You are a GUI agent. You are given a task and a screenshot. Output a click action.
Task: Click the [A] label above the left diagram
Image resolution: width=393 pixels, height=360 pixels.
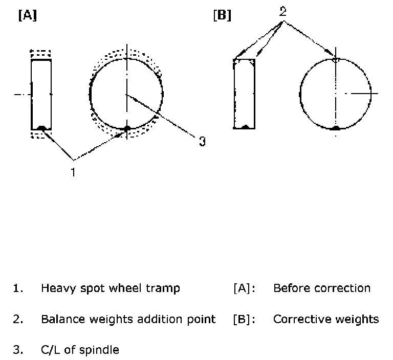(27, 16)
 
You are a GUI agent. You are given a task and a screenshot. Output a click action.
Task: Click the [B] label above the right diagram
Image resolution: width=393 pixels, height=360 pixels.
(222, 16)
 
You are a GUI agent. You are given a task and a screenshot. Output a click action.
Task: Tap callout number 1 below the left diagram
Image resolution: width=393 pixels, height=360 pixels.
(73, 172)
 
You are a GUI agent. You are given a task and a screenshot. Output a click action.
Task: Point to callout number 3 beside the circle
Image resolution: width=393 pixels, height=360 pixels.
(202, 141)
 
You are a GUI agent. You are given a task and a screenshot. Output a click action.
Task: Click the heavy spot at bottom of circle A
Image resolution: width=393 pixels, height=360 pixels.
(127, 128)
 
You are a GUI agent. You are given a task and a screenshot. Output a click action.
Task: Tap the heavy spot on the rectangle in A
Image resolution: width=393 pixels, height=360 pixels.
(41, 128)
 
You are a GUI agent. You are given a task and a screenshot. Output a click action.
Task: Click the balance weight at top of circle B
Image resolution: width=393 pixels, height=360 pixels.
(336, 59)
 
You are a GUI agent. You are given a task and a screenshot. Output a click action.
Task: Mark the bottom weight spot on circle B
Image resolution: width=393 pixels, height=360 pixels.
(336, 128)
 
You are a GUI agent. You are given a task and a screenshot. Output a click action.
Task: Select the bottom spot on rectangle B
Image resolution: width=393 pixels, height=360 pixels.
(245, 127)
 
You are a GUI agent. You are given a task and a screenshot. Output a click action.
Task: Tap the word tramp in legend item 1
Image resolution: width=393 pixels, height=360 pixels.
(164, 288)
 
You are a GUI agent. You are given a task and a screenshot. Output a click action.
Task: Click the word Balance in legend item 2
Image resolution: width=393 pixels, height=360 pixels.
(61, 320)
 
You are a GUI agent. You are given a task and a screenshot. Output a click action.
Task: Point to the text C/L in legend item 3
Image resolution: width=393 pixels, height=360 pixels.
(51, 350)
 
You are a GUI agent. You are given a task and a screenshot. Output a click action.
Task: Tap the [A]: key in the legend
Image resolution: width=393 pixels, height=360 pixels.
(243, 288)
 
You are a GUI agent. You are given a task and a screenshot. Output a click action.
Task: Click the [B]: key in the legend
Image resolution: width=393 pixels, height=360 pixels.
(243, 320)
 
